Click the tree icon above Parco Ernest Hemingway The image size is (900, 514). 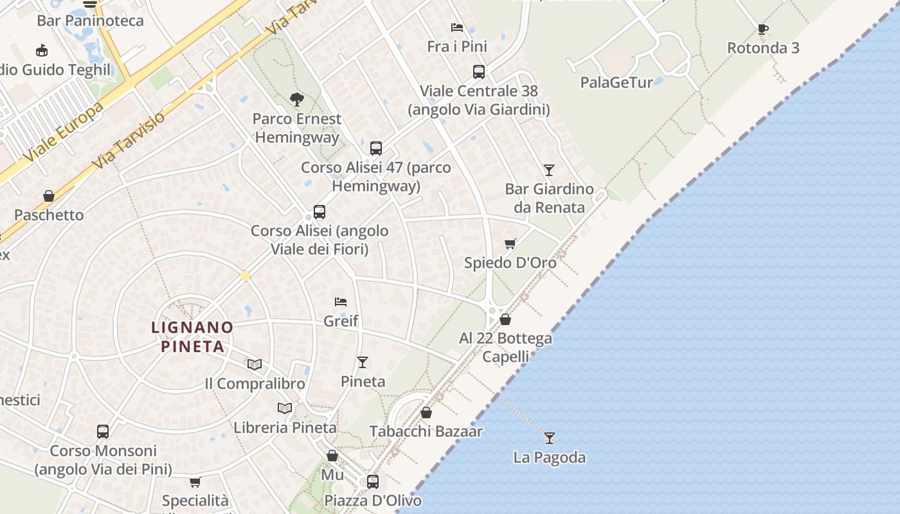click(x=296, y=100)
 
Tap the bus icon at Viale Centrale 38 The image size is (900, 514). click(x=479, y=72)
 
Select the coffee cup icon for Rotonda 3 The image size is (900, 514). click(x=763, y=29)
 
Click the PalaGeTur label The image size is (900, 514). click(x=616, y=82)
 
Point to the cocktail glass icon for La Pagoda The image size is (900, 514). click(x=549, y=438)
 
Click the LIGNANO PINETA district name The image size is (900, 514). click(x=192, y=337)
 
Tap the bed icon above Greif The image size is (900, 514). click(x=341, y=301)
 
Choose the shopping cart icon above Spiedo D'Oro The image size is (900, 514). click(x=510, y=244)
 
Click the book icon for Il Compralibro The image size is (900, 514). click(x=255, y=364)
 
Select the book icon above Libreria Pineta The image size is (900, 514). click(x=285, y=408)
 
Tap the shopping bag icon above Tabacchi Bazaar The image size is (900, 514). click(x=426, y=412)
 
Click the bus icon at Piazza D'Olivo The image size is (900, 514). click(x=373, y=481)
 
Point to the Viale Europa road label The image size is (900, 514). click(x=64, y=132)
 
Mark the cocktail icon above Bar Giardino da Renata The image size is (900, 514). click(x=548, y=170)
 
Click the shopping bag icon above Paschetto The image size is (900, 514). click(x=49, y=196)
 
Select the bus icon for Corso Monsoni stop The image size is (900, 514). click(x=103, y=432)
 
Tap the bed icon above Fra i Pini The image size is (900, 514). click(x=457, y=28)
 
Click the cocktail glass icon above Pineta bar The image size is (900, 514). click(x=363, y=362)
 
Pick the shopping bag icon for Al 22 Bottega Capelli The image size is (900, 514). click(x=505, y=319)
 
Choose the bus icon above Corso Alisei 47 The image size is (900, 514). click(x=376, y=148)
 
